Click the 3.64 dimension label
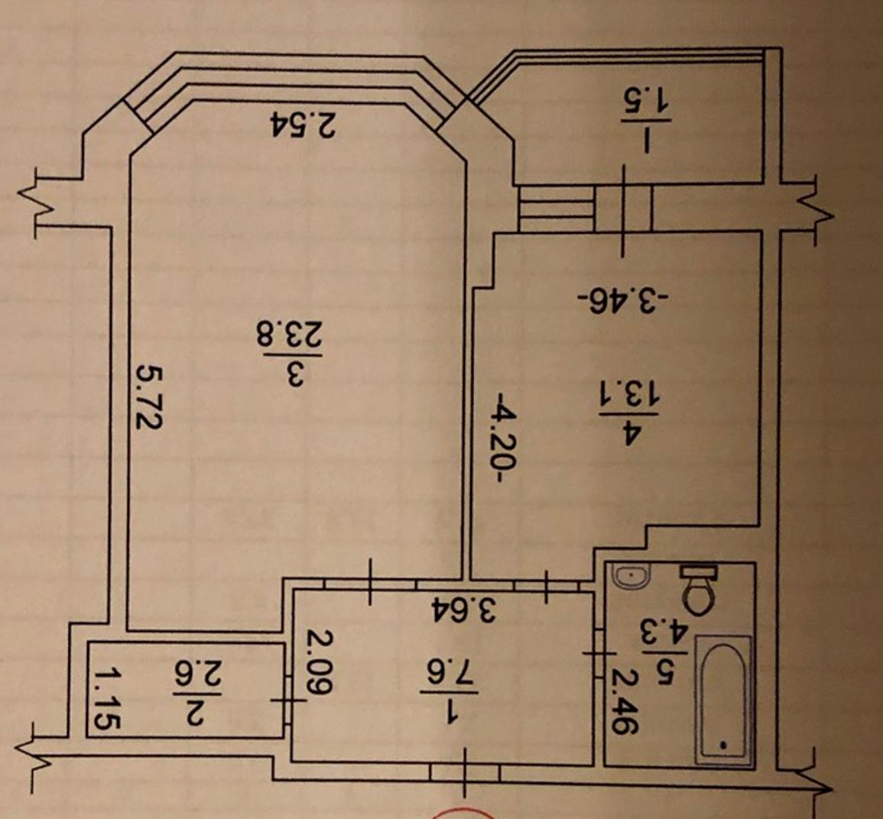[x=463, y=608]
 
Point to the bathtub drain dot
[x=722, y=742]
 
